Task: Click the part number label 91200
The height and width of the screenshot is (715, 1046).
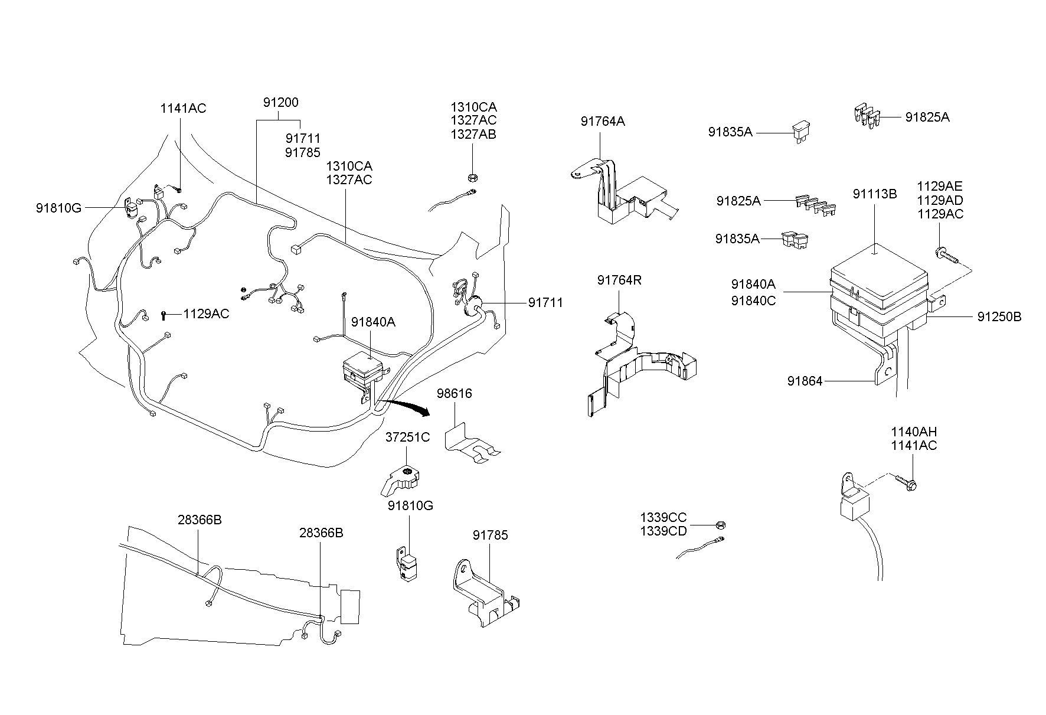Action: [x=280, y=102]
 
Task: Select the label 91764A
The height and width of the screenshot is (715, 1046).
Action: [x=602, y=122]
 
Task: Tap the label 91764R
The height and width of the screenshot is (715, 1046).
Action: [x=619, y=280]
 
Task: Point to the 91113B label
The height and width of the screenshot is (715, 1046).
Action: [x=874, y=194]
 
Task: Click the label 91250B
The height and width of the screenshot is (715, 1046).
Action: [x=999, y=316]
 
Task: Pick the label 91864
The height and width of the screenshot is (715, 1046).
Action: [x=804, y=381]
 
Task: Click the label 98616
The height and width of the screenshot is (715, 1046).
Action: [x=454, y=393]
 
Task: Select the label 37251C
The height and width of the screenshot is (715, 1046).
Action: [x=407, y=437]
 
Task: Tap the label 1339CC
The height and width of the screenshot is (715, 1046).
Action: [x=663, y=517]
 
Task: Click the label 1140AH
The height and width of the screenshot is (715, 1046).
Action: [x=913, y=432]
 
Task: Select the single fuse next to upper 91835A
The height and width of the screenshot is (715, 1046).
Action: [x=800, y=132]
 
